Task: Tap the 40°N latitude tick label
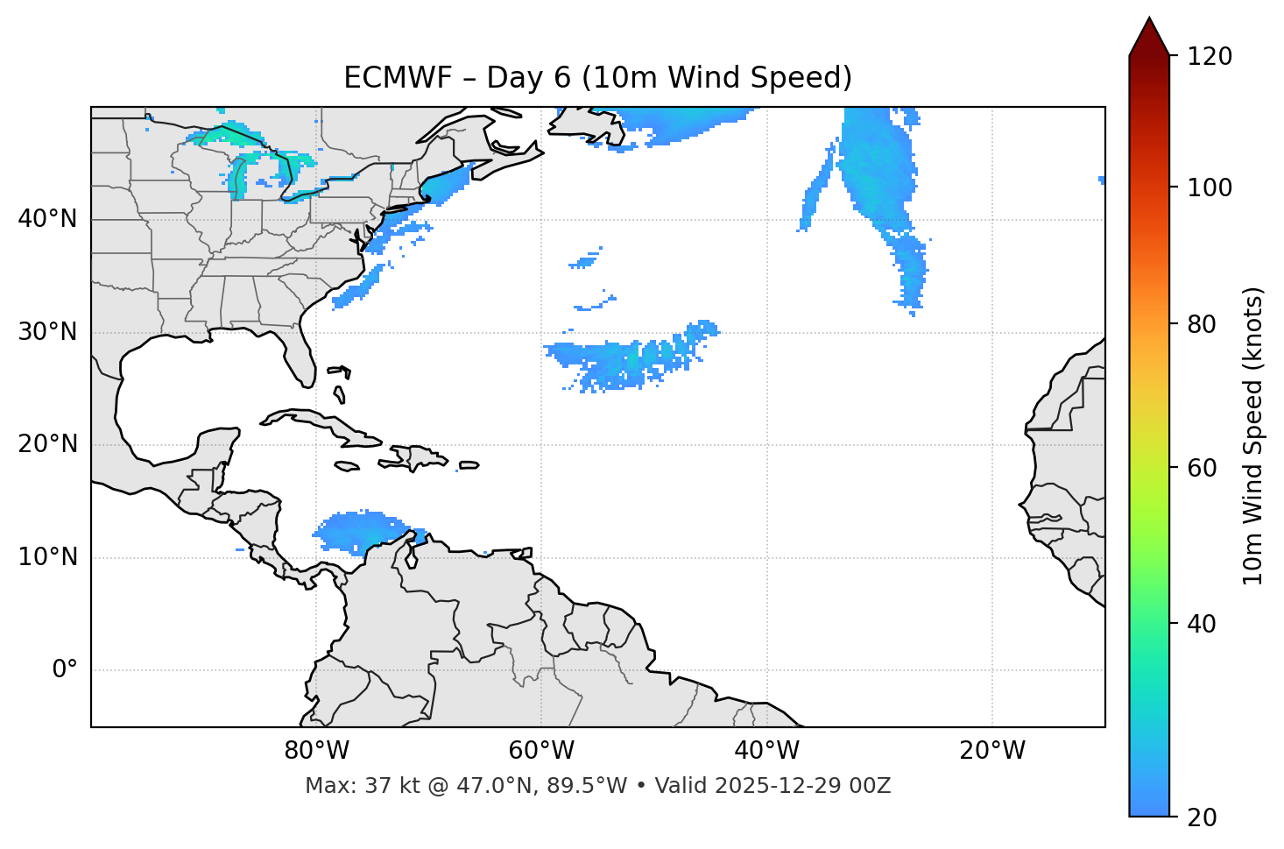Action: (47, 219)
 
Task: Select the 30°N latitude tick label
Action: (47, 332)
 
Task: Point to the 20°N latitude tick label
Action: (47, 444)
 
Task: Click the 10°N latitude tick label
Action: (47, 557)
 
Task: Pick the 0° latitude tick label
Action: (65, 670)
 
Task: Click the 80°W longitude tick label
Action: (316, 751)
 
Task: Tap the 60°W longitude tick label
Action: (541, 751)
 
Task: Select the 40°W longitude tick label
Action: (766, 751)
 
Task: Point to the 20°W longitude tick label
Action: (992, 751)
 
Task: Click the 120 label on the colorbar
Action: (1209, 56)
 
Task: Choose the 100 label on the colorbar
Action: (1209, 187)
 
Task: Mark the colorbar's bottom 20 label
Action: (1202, 817)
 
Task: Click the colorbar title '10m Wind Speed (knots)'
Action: (1253, 435)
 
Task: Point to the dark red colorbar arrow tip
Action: (1149, 21)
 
